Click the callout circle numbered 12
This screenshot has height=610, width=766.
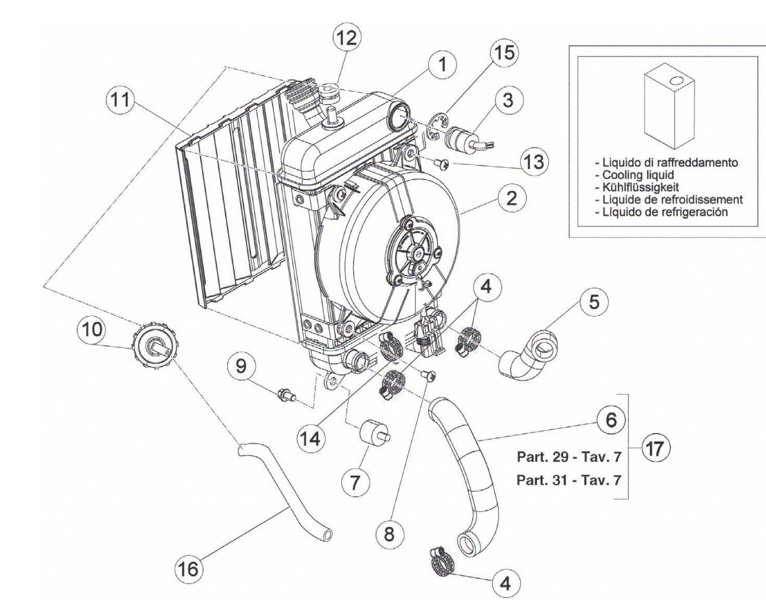point(347,38)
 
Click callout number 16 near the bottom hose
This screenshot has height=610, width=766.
point(189,569)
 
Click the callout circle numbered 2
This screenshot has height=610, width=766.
point(511,198)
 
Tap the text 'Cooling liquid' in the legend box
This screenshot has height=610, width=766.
point(638,175)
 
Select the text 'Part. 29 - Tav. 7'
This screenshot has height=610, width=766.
point(569,456)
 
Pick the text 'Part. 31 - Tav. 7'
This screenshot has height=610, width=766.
point(569,480)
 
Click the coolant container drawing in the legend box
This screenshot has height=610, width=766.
point(669,106)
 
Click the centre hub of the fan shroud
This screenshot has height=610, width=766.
point(417,253)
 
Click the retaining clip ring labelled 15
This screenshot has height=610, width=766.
point(437,128)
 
